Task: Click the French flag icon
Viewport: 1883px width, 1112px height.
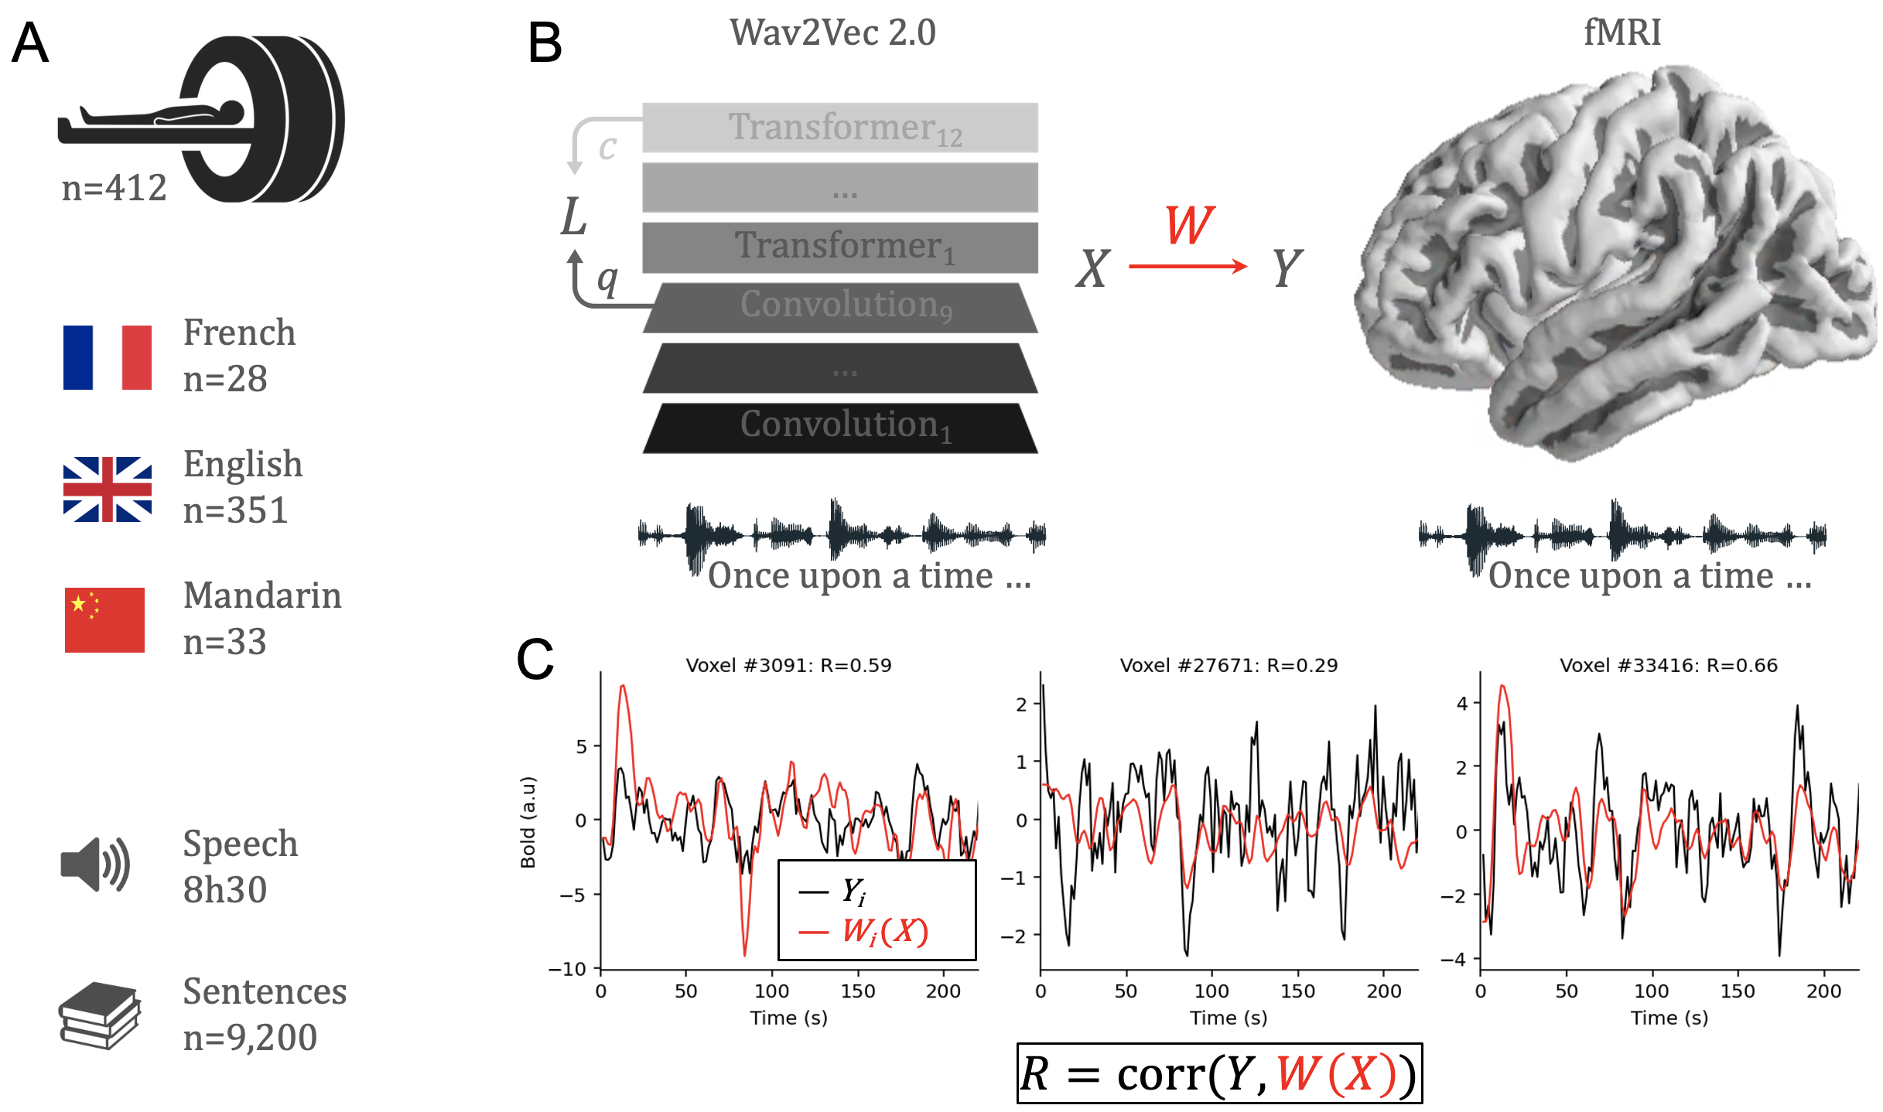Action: click(108, 357)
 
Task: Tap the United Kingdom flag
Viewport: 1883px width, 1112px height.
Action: click(108, 489)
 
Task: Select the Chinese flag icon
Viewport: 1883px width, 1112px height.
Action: click(104, 620)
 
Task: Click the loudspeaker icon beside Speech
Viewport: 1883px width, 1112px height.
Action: click(95, 865)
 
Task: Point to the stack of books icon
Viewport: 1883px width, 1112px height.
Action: click(99, 1015)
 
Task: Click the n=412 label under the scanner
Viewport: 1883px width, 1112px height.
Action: click(114, 188)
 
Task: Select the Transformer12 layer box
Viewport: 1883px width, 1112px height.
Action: click(840, 128)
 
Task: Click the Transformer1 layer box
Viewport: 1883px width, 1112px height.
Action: click(840, 247)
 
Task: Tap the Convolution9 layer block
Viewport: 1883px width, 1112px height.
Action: click(840, 307)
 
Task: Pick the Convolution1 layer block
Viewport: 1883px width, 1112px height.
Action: click(840, 427)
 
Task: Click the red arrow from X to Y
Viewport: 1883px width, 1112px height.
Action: click(1188, 267)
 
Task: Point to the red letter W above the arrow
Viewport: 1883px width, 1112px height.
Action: click(1189, 225)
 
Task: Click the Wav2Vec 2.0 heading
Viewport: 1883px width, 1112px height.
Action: click(832, 32)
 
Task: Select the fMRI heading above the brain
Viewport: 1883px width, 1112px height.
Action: click(1622, 32)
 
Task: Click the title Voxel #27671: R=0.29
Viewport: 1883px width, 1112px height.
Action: click(1229, 665)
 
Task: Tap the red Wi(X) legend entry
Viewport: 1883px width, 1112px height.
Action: click(885, 932)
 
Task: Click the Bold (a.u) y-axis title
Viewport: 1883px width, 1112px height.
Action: click(528, 822)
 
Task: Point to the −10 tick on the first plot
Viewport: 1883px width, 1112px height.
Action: click(569, 969)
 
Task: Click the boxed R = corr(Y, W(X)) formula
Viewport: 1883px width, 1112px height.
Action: click(1219, 1073)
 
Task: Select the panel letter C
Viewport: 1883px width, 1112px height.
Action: click(535, 660)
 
